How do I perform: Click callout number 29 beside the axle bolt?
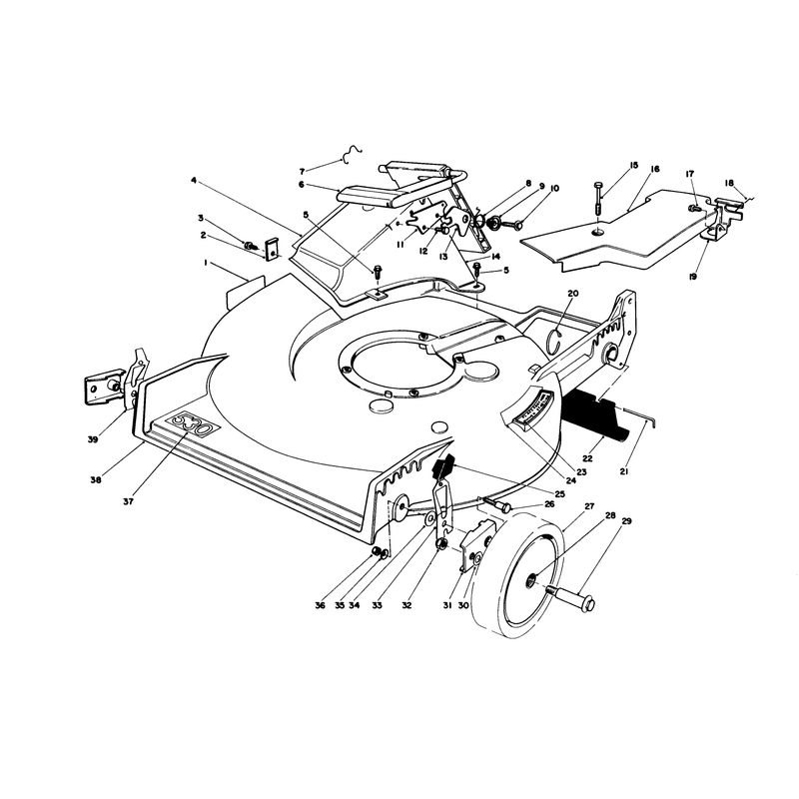(x=626, y=521)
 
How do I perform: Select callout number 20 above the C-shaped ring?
(x=573, y=294)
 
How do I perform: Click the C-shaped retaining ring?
(x=555, y=340)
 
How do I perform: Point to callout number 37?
(x=128, y=501)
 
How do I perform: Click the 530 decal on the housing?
(x=192, y=422)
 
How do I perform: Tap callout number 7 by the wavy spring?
(x=302, y=171)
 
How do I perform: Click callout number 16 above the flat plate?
(x=655, y=169)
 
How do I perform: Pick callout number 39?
(x=93, y=439)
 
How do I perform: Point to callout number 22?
(x=587, y=458)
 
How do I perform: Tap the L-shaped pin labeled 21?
(x=640, y=415)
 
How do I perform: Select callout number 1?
(x=206, y=263)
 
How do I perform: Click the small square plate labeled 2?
(x=272, y=248)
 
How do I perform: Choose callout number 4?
(x=194, y=180)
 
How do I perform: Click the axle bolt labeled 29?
(x=571, y=598)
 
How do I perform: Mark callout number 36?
(x=320, y=605)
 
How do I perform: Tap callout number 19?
(x=692, y=277)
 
